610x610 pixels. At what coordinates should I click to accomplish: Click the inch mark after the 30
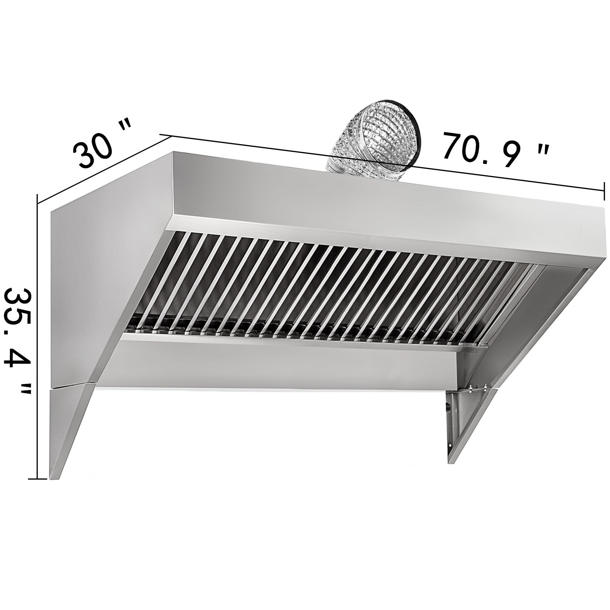[124, 130]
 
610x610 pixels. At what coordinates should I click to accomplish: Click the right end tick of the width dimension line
[604, 191]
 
